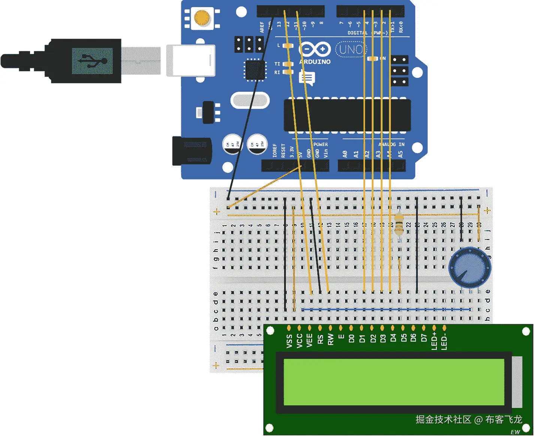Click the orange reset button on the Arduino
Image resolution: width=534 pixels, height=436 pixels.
[x=202, y=18]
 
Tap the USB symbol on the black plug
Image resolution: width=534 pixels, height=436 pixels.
[x=92, y=61]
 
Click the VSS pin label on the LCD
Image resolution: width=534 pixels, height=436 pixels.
[x=289, y=341]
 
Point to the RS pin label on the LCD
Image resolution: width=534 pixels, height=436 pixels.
[x=320, y=339]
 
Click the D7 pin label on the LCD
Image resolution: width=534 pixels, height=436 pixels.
[x=424, y=338]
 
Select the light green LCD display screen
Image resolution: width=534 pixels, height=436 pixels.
[x=393, y=382]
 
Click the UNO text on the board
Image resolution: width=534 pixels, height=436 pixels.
[x=351, y=49]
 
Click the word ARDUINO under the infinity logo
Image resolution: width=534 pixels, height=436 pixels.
[x=315, y=62]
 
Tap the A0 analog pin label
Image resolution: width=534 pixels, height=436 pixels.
[x=345, y=154]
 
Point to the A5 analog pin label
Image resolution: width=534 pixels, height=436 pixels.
[x=401, y=154]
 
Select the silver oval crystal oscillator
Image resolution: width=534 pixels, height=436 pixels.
[x=250, y=100]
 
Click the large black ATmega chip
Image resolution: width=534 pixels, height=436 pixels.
[x=347, y=115]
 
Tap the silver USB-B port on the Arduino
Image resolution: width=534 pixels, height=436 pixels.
[x=190, y=60]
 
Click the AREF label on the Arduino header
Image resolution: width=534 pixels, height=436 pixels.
[x=262, y=27]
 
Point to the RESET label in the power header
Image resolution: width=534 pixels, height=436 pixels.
[x=283, y=151]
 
